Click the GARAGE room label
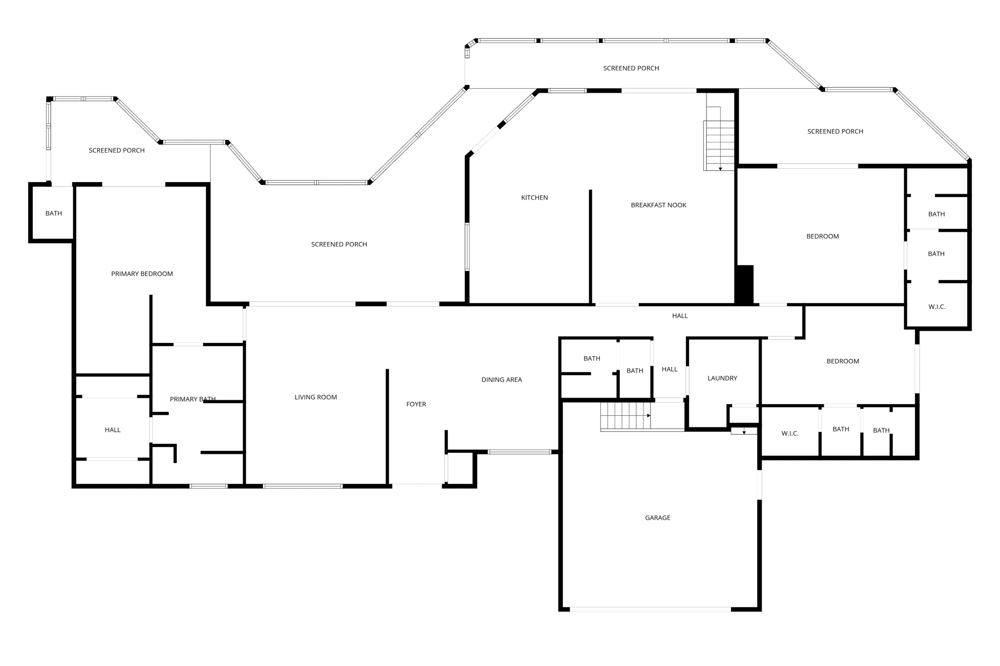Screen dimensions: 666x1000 (x=657, y=518)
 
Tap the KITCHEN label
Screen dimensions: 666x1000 (x=534, y=198)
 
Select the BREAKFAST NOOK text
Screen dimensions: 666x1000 (x=658, y=205)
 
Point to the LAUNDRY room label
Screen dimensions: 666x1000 (x=722, y=378)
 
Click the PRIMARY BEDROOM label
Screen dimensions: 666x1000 (x=142, y=274)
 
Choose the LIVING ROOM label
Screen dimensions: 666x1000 (x=315, y=397)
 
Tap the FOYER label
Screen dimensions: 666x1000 (x=416, y=404)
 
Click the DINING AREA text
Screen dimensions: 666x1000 (x=501, y=380)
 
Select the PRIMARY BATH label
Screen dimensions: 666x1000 (x=192, y=399)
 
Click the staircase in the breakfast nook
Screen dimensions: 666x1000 (x=719, y=145)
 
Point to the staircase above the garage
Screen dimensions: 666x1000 (x=625, y=416)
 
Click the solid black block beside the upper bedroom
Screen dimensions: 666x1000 (x=745, y=284)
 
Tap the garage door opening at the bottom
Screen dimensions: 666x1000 (x=650, y=609)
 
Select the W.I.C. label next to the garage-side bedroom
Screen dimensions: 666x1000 (x=790, y=433)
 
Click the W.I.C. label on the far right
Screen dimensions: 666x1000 (x=937, y=307)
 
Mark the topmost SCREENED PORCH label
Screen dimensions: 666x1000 (x=631, y=68)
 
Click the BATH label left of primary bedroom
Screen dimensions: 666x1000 (x=54, y=213)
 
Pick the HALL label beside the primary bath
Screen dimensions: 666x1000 (x=112, y=430)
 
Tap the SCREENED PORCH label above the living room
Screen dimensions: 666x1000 (x=339, y=244)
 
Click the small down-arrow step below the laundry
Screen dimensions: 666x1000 (x=744, y=431)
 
